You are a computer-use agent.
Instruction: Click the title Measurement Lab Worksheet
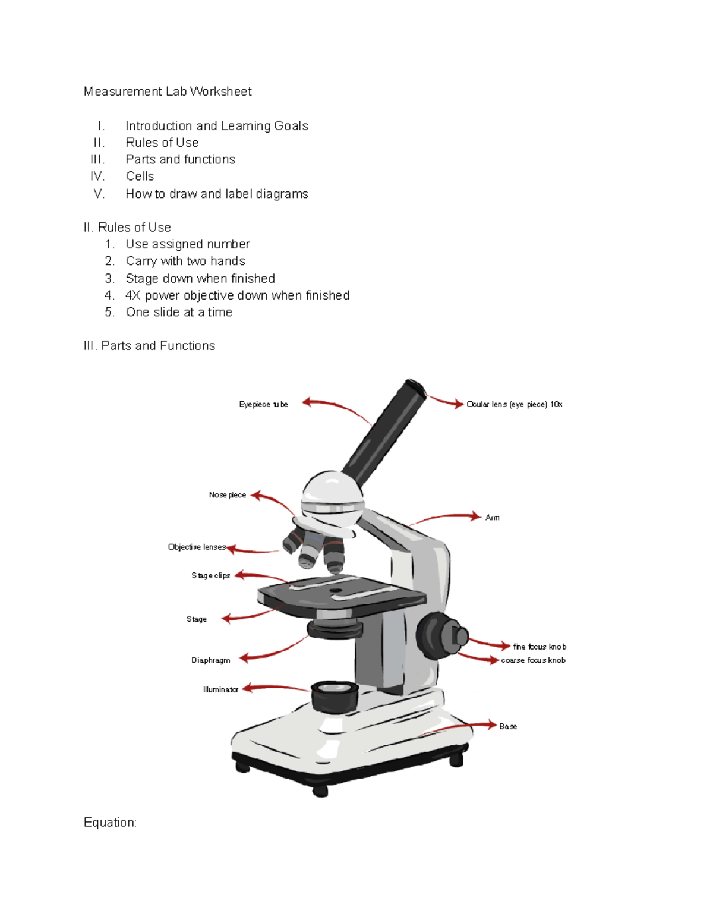(168, 92)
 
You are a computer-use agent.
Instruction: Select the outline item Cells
(140, 177)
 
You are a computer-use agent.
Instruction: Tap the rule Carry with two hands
(185, 261)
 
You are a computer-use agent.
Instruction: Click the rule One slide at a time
(179, 313)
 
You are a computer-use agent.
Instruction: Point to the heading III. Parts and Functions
(150, 346)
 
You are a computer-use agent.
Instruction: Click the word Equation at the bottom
(110, 823)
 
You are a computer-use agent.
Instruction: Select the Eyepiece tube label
(263, 405)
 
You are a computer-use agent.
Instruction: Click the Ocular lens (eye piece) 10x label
(514, 405)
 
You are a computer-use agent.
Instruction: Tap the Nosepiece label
(227, 495)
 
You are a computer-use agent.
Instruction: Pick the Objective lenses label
(197, 547)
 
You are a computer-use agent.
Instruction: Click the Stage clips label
(210, 576)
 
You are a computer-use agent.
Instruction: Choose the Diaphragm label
(210, 660)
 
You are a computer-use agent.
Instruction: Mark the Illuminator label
(220, 690)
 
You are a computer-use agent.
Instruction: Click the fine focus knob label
(540, 647)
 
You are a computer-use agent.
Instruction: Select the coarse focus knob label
(533, 660)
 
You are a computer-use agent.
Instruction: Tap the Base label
(508, 727)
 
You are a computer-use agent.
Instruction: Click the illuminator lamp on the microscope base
(335, 695)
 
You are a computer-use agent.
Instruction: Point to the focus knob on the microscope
(441, 635)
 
